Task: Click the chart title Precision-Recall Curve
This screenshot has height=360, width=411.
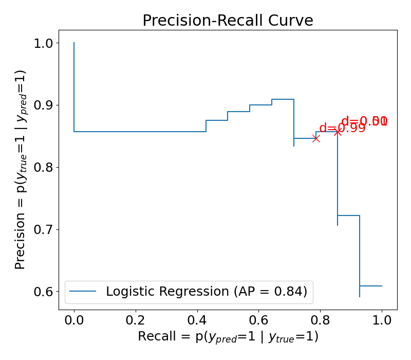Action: click(x=228, y=21)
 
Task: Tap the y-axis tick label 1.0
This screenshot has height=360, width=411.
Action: click(x=43, y=43)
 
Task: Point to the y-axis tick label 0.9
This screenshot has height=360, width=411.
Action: click(x=43, y=105)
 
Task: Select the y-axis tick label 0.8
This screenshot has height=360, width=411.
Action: click(x=43, y=168)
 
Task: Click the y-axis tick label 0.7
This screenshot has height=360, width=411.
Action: click(x=43, y=229)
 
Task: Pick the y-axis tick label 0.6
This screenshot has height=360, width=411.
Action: click(x=43, y=292)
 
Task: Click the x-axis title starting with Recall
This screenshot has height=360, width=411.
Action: click(x=228, y=337)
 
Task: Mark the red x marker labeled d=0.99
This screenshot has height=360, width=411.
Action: click(x=316, y=138)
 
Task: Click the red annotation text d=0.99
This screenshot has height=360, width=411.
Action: click(x=342, y=128)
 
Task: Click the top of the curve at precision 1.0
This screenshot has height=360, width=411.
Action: click(x=74, y=43)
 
